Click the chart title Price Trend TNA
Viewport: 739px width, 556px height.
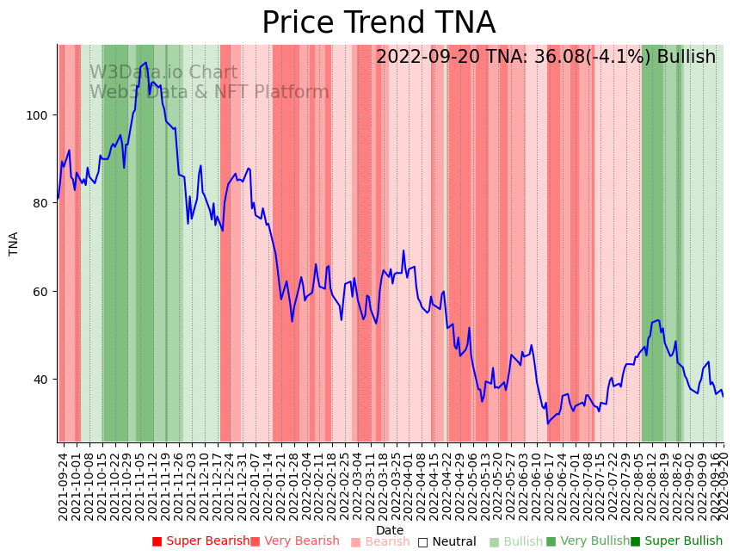(x=379, y=23)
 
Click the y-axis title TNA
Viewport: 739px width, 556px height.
(x=14, y=244)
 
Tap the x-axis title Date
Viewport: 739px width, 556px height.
(x=390, y=530)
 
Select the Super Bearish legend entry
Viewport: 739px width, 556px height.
(x=200, y=541)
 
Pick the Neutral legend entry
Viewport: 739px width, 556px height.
(x=446, y=541)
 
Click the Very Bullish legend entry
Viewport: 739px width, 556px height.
(x=588, y=541)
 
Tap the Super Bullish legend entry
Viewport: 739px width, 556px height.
(x=677, y=541)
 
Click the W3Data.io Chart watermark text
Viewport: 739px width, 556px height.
(x=163, y=73)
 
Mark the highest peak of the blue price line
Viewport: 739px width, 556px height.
(x=146, y=62)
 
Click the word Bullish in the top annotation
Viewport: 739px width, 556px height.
(x=686, y=58)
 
